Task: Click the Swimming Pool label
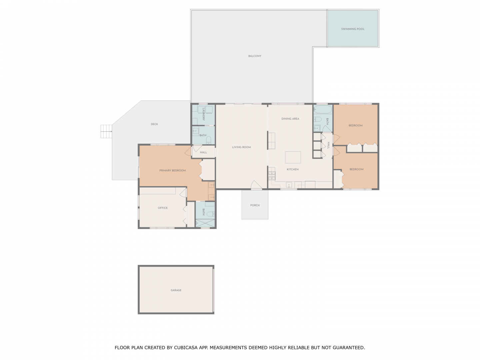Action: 350,29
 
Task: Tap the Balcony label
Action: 253,56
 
